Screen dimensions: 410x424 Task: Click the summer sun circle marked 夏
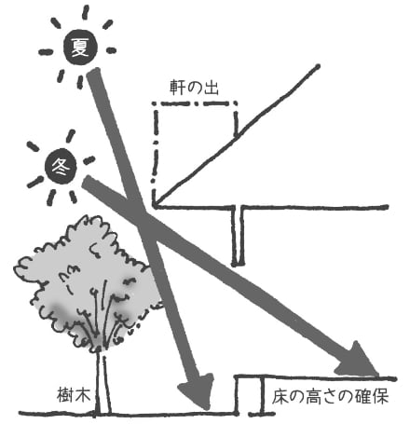click(80, 48)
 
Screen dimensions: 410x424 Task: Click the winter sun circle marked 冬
click(61, 166)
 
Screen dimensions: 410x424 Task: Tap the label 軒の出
click(195, 88)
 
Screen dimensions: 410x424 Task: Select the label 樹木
click(74, 395)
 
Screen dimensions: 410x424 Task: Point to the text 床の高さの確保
click(330, 397)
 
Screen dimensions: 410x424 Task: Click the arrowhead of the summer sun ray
click(197, 390)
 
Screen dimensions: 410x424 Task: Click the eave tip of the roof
click(155, 205)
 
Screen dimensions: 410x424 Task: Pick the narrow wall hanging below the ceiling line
click(238, 236)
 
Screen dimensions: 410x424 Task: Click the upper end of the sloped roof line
click(317, 66)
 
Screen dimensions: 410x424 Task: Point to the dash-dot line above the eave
click(194, 103)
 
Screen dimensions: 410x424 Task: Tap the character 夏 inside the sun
click(80, 48)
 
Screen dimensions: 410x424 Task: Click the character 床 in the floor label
click(280, 397)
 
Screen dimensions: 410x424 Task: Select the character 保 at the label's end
click(381, 397)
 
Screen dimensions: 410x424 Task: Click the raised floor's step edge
click(237, 394)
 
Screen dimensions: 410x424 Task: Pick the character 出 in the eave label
click(212, 88)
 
